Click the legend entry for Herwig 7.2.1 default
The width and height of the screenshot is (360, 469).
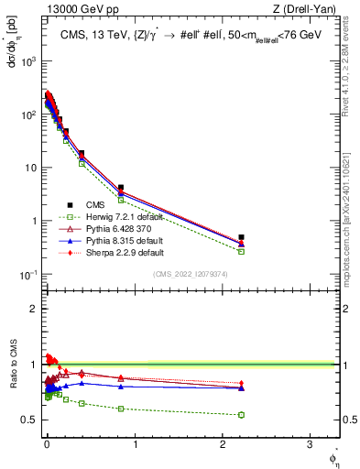point(102,216)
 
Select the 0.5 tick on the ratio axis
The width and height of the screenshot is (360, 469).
point(28,420)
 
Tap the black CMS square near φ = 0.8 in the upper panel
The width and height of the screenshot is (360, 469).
point(121,188)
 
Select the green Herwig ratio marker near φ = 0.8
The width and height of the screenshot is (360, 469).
point(121,409)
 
